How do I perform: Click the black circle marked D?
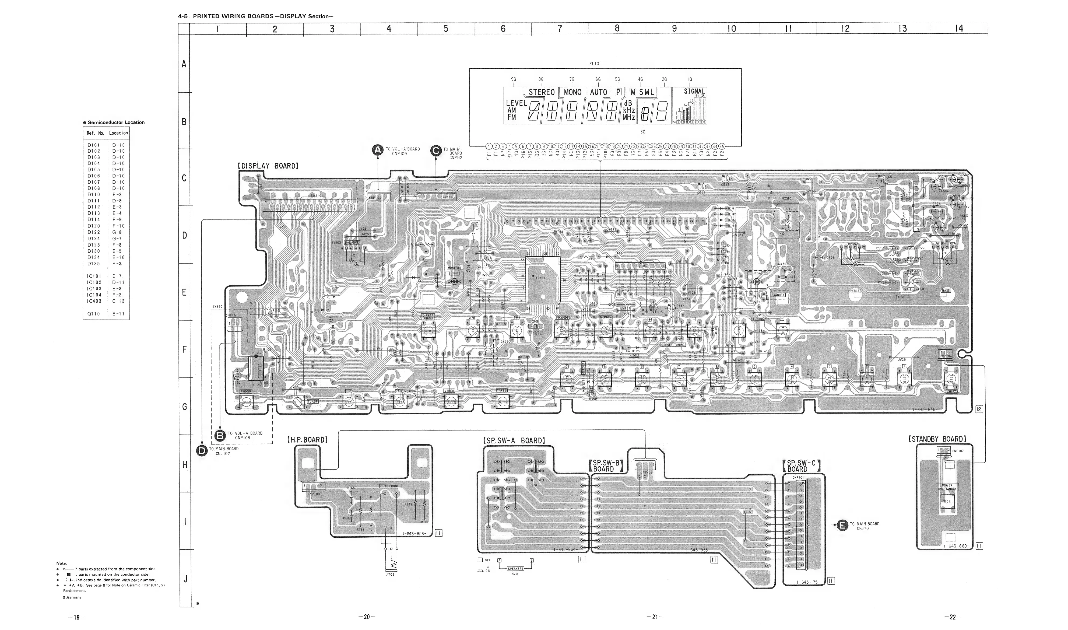[x=202, y=450]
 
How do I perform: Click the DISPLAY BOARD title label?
[x=268, y=166]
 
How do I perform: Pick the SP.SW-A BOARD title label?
[x=514, y=441]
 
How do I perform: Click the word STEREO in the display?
[x=542, y=92]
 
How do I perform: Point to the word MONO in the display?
[x=572, y=92]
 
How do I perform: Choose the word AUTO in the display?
[x=598, y=92]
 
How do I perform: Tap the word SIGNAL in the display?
[x=694, y=91]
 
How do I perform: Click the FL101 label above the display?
[x=595, y=64]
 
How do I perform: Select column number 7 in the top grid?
[x=560, y=29]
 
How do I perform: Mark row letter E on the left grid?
[x=184, y=292]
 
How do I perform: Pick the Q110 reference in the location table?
[x=94, y=314]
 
